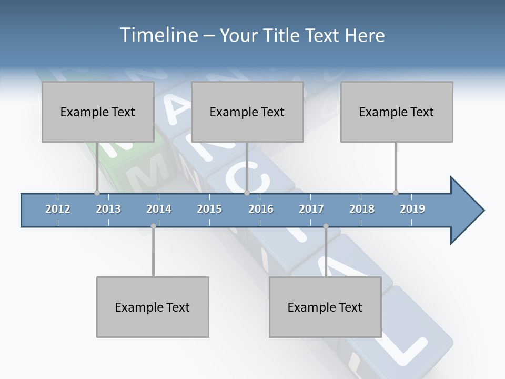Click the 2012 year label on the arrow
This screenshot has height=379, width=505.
pos(58,209)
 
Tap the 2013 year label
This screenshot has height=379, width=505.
pos(108,209)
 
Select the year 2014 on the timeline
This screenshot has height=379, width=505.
pos(159,209)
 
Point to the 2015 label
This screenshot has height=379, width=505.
pos(209,209)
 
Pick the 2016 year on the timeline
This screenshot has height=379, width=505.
pos(261,209)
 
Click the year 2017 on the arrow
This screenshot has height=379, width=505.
pos(311,209)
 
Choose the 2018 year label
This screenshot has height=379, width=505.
pos(362,209)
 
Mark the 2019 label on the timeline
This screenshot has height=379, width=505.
pos(412,209)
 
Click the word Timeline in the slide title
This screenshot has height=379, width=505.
pos(158,35)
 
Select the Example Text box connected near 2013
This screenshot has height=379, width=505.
pos(98,112)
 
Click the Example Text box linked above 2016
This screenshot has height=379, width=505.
pos(247,112)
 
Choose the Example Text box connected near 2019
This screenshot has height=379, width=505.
pos(397,112)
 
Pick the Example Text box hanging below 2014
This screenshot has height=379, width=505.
pos(153,307)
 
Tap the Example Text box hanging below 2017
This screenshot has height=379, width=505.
pos(325,307)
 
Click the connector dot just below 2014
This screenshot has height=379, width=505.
pos(153,226)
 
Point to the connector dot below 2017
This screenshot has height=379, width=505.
pos(326,226)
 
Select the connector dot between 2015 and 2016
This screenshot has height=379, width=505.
pos(247,193)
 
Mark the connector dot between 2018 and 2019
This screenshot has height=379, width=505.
pos(396,193)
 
